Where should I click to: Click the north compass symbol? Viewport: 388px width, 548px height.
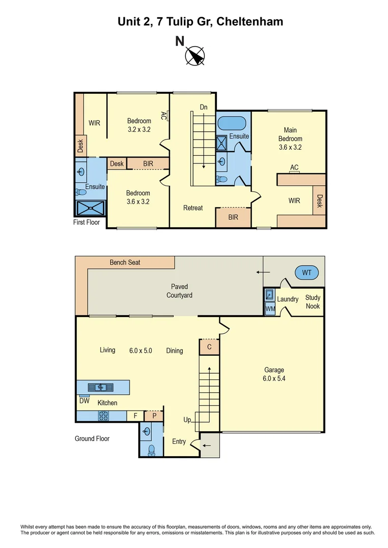[x=195, y=56]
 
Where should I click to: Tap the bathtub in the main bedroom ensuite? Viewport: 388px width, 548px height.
[x=232, y=123]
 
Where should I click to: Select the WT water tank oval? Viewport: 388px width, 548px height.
[x=307, y=273]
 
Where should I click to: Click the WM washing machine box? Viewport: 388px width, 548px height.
[x=269, y=308]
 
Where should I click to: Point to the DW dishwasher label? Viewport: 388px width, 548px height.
[x=84, y=401]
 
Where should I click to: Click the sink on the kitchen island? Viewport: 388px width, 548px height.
[x=101, y=387]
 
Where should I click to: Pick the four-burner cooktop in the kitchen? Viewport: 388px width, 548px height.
[x=104, y=416]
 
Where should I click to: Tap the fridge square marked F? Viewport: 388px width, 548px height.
[x=135, y=416]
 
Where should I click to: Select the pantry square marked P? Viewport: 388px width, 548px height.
[x=153, y=416]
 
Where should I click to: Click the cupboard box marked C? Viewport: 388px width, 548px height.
[x=209, y=347]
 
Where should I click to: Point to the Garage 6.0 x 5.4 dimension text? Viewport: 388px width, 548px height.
[x=274, y=378]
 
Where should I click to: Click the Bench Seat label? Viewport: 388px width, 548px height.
[x=125, y=262]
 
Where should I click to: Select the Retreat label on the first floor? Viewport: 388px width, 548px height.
[x=193, y=208]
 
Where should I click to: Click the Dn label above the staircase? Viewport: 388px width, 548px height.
[x=204, y=107]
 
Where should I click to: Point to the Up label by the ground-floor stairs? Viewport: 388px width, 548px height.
[x=187, y=420]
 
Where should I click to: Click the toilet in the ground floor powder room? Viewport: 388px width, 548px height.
[x=151, y=450]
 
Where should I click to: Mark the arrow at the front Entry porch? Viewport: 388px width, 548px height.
[x=208, y=446]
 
